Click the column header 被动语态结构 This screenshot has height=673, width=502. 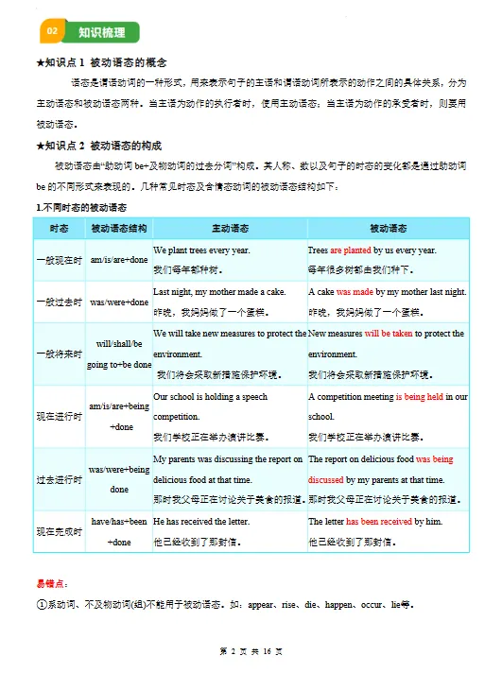pos(119,229)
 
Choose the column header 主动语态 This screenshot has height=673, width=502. pos(230,229)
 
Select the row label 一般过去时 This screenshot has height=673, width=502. pos(59,302)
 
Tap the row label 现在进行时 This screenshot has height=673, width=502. pos(59,416)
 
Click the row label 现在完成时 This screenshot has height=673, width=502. pos(59,531)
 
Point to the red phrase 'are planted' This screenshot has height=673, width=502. pos(350,250)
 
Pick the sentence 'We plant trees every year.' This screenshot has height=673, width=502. pos(201,250)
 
